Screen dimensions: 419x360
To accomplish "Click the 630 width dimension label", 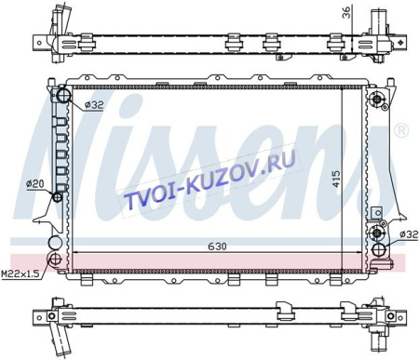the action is point(217,247).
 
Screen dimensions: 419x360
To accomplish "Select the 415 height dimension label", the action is point(336,179).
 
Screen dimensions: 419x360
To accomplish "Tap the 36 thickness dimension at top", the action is point(346,12).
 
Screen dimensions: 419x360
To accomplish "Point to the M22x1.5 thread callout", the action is point(20,273).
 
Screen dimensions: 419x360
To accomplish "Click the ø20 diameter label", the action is point(35,184).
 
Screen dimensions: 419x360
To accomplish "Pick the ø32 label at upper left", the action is point(94,105).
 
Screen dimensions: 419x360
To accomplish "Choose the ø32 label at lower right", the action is point(409,234).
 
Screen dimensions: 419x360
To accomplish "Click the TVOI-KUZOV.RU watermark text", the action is point(210,180).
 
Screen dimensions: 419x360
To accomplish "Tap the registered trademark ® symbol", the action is point(401,130).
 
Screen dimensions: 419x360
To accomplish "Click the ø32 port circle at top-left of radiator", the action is point(64,96).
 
